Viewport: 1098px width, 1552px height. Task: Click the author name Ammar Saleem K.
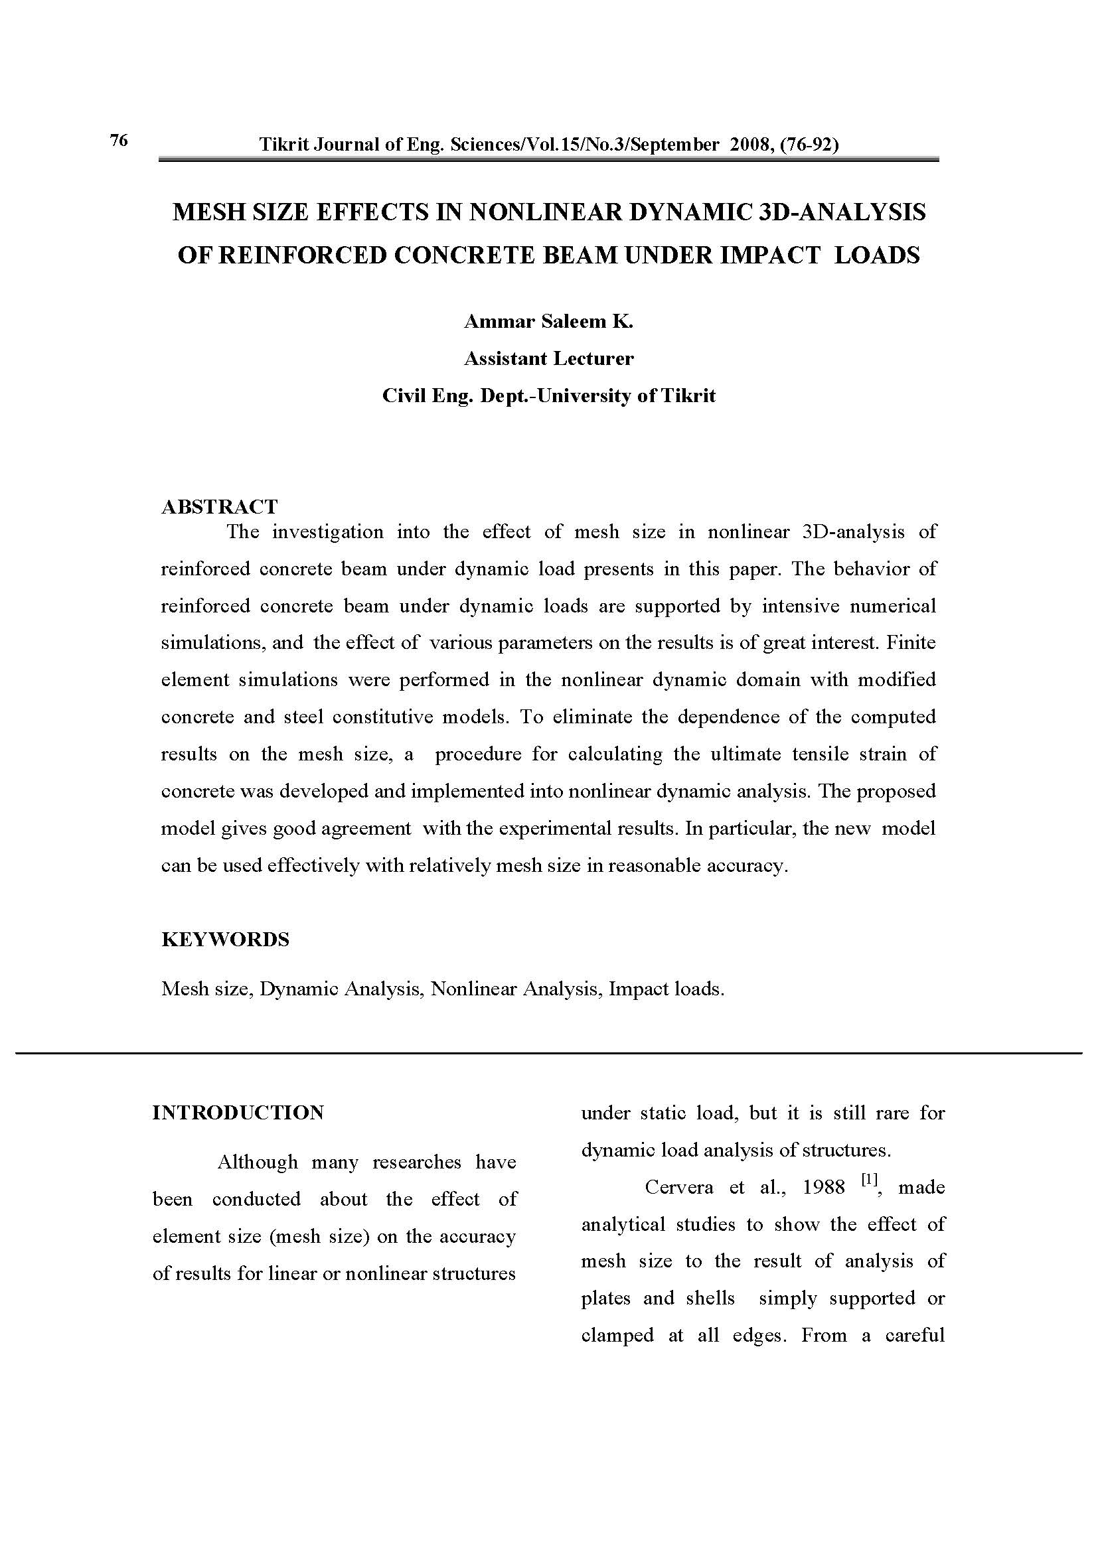click(x=548, y=322)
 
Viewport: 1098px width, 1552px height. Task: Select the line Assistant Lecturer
click(x=548, y=358)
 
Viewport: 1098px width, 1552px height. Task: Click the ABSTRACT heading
click(x=219, y=506)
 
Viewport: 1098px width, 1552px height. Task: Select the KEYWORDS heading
click(x=225, y=939)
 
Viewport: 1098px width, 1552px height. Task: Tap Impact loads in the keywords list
click(x=666, y=989)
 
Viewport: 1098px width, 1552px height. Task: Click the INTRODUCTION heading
click(x=238, y=1113)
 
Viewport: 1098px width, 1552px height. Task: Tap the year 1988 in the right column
click(x=823, y=1187)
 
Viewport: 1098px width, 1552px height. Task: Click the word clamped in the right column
click(x=617, y=1335)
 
